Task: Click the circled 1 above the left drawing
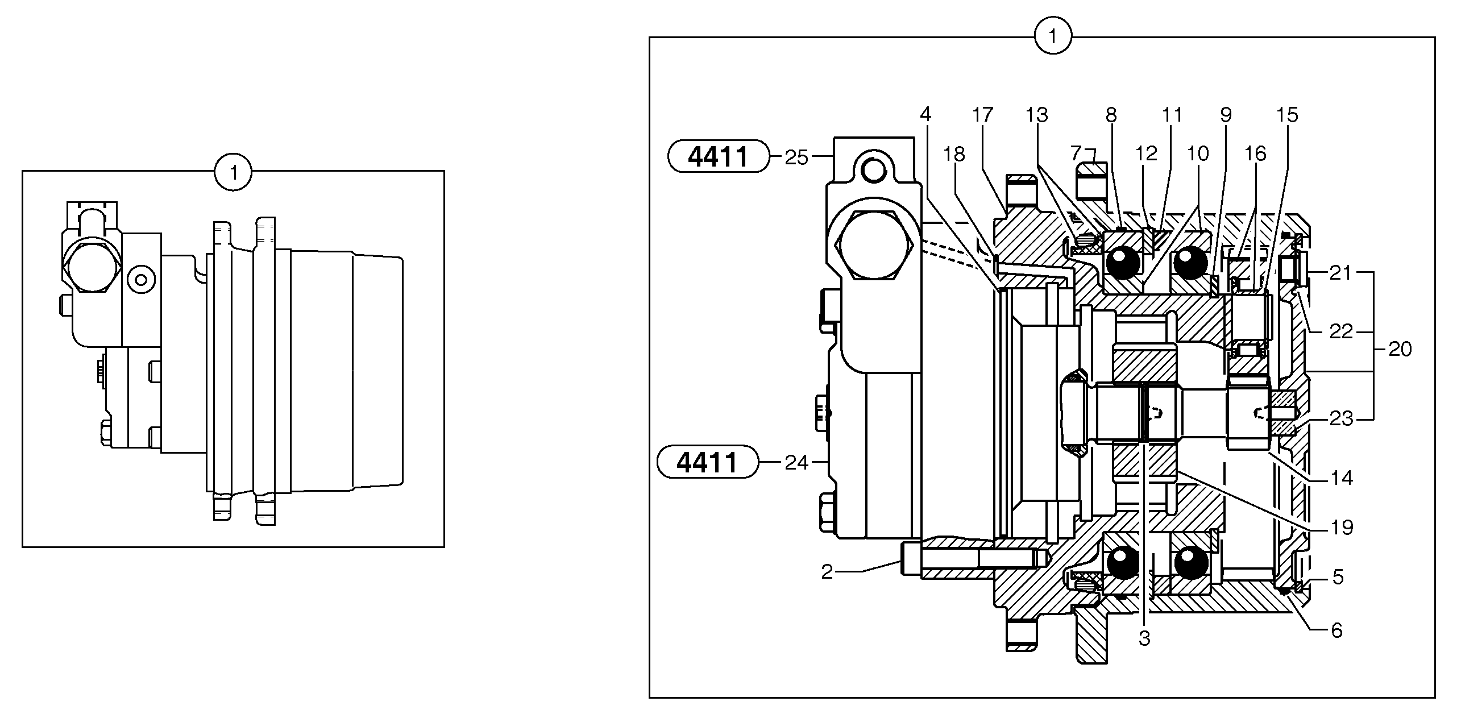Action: click(x=233, y=172)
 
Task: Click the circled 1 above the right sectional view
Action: click(x=1053, y=37)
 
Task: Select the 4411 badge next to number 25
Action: click(x=717, y=156)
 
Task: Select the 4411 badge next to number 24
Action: click(x=707, y=462)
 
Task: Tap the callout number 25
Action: click(x=796, y=158)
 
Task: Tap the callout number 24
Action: click(x=796, y=463)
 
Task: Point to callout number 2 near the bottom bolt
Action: click(x=827, y=572)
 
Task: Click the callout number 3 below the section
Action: click(x=1144, y=639)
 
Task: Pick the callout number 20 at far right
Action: click(x=1400, y=349)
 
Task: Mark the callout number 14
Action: click(x=1342, y=478)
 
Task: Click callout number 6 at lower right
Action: click(x=1337, y=630)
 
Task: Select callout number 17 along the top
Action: click(x=982, y=115)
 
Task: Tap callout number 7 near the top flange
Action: click(x=1075, y=153)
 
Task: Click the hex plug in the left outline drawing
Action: click(x=92, y=268)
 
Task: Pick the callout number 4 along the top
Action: click(x=925, y=114)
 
